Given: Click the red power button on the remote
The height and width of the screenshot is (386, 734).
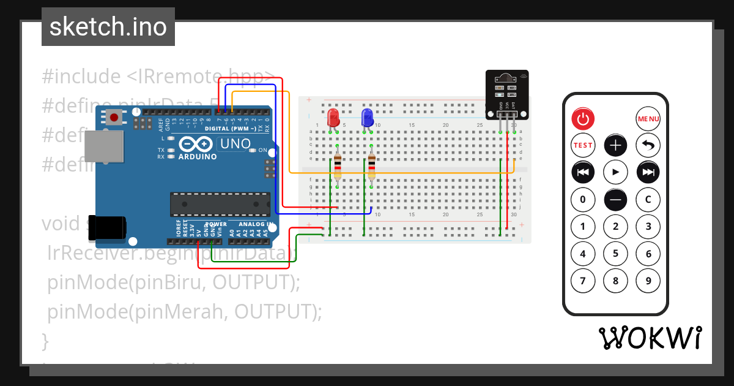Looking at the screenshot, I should point(583,118).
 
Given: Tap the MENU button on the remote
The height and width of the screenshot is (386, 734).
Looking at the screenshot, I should point(648,118).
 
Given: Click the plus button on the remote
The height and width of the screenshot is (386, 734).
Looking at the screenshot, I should point(615,145).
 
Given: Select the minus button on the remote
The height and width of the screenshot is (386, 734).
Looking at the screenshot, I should point(615,199).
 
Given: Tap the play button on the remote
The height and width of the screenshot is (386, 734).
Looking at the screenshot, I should point(615,172).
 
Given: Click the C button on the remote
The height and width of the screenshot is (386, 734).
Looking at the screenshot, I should point(648,199).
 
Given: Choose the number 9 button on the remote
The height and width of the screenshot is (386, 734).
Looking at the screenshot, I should point(648,281).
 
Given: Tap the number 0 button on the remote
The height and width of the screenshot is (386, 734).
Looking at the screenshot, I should point(583,199).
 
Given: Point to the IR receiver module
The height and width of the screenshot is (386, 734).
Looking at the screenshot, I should point(506,94).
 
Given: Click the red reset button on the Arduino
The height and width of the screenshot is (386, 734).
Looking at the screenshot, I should point(114,117).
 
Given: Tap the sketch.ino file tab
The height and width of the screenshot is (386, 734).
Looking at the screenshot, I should point(108,27).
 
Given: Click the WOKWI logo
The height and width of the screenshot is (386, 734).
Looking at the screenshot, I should point(650,338).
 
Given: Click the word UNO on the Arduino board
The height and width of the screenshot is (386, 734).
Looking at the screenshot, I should point(235,144).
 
